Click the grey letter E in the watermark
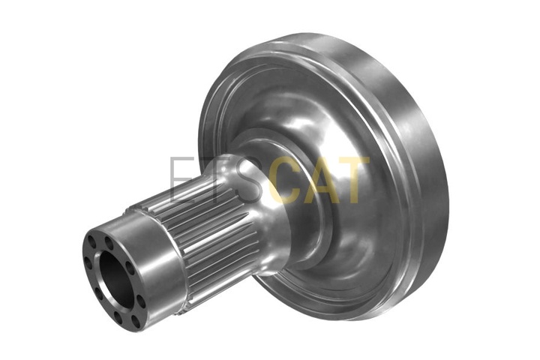(x=181, y=179)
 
